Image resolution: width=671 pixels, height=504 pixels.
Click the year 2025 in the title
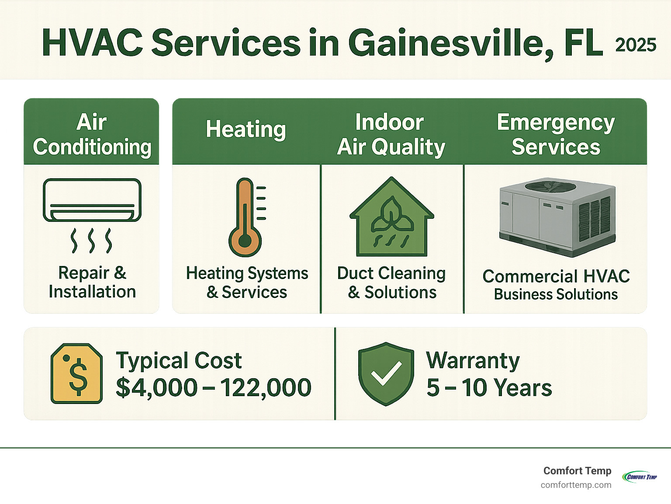tap(636, 45)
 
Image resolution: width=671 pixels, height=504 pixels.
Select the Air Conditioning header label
tap(92, 135)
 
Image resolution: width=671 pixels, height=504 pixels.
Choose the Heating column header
tap(246, 129)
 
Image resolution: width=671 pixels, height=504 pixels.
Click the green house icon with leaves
tap(392, 216)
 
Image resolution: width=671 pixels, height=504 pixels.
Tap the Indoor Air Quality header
tap(391, 135)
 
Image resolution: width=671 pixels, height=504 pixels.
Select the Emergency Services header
tap(556, 135)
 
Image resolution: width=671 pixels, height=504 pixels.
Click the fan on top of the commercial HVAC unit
tap(550, 186)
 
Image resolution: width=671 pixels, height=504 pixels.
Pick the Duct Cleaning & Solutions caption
tap(391, 283)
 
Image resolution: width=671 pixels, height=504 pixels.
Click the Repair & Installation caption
tap(92, 282)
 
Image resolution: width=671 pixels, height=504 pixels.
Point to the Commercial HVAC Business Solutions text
tap(556, 285)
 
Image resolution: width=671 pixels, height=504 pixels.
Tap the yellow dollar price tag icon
tap(76, 373)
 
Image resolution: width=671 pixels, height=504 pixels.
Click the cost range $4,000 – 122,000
tap(214, 387)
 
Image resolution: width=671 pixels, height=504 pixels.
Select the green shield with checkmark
tap(386, 374)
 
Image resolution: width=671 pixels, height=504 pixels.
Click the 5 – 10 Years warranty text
tap(489, 387)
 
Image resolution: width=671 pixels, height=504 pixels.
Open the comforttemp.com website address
tap(576, 485)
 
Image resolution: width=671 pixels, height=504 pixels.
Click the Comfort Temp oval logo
tap(640, 477)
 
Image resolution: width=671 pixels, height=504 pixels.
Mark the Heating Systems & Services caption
tap(247, 283)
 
